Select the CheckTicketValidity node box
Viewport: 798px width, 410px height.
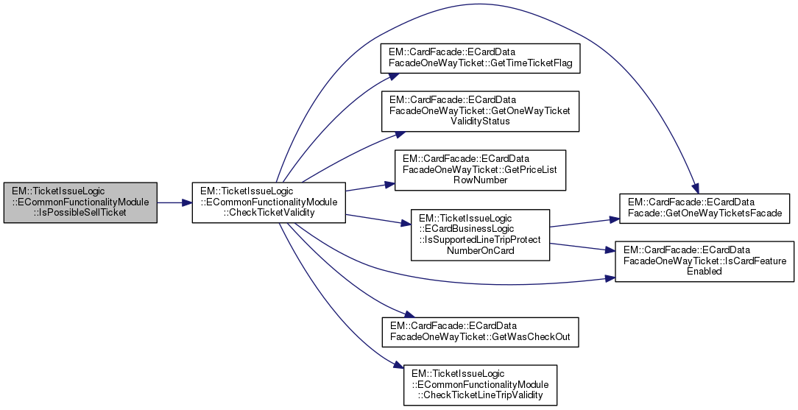point(269,202)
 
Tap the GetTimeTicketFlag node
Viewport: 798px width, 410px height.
point(479,58)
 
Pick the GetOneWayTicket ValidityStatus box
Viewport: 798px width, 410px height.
point(479,110)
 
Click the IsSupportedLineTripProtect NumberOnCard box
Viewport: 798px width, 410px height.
point(480,235)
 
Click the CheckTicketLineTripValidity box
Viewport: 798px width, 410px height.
point(480,384)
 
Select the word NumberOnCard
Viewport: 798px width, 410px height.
point(479,250)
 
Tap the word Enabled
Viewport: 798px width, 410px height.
point(705,272)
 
